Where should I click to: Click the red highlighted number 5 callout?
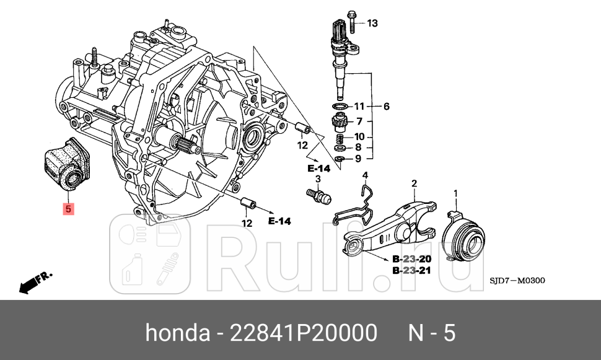[68, 209]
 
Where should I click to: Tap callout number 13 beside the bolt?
[372, 24]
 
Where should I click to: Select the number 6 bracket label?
[386, 107]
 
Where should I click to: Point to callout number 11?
[359, 107]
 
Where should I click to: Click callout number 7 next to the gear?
[359, 121]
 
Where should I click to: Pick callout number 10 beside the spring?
[359, 137]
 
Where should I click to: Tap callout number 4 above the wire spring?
[365, 175]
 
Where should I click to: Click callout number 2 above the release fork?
[414, 183]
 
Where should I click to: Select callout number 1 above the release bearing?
[456, 194]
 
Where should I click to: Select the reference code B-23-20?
[412, 259]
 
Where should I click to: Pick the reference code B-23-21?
[412, 271]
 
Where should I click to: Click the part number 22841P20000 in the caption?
[304, 333]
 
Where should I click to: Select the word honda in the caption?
[177, 333]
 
